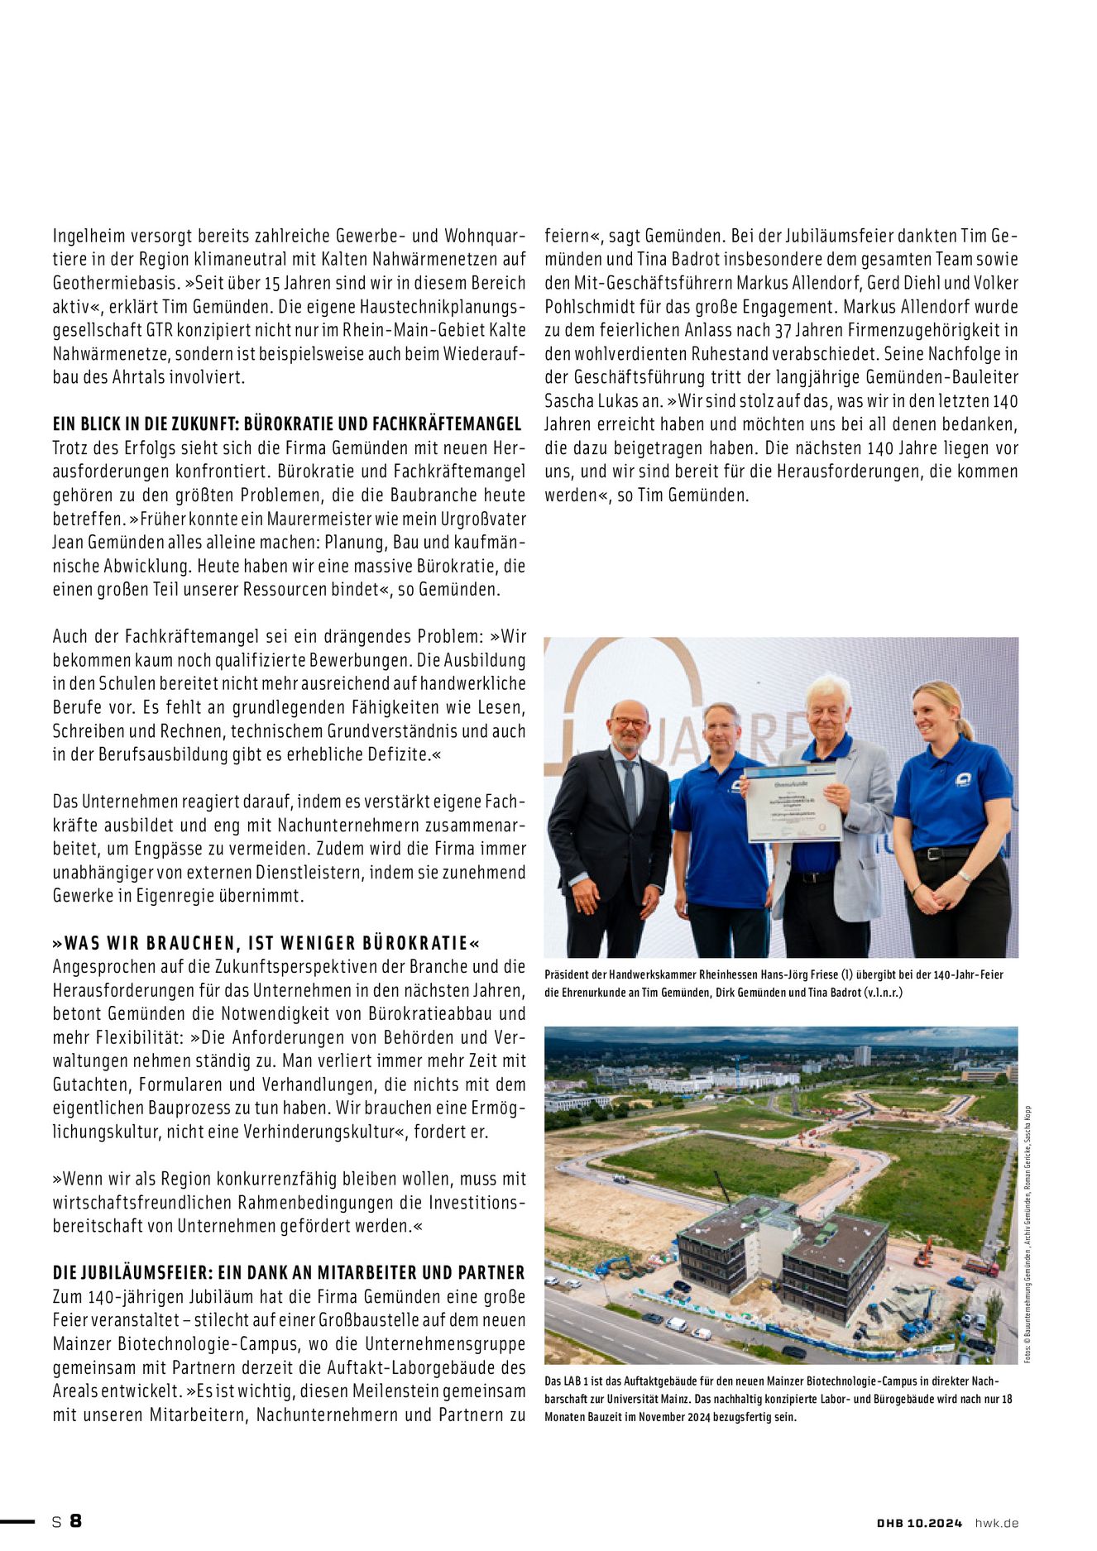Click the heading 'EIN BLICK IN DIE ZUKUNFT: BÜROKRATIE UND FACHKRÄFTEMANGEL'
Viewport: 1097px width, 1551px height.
tap(287, 424)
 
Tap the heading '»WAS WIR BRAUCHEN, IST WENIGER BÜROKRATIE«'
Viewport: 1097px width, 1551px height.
tap(266, 943)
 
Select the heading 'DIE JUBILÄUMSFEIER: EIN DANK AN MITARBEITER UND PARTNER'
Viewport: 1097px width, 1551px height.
tap(289, 1272)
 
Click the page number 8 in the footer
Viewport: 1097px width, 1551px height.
tap(75, 1520)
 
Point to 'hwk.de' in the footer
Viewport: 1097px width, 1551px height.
tap(996, 1523)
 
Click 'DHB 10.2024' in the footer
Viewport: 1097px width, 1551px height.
tap(919, 1523)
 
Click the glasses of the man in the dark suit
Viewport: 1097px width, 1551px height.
tap(629, 722)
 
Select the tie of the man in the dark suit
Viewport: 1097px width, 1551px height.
tap(630, 792)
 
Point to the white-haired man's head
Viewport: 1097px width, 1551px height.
tap(828, 703)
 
